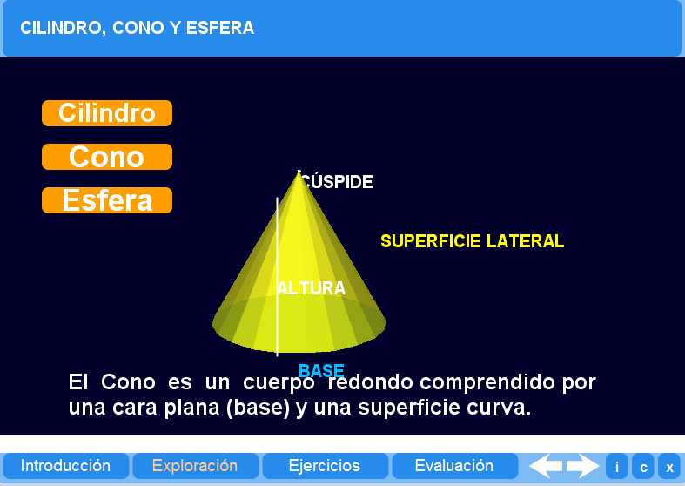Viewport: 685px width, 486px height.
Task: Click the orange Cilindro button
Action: click(106, 113)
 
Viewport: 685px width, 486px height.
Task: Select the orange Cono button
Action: click(106, 157)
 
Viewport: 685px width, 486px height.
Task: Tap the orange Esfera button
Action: click(106, 200)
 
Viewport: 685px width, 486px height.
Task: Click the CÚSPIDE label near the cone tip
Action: click(338, 182)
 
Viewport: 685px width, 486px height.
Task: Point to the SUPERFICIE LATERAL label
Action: click(472, 241)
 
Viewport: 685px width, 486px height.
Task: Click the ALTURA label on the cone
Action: click(312, 288)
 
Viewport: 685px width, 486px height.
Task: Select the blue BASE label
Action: click(321, 370)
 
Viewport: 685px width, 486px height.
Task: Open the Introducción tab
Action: click(65, 466)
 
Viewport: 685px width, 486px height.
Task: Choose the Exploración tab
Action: click(195, 466)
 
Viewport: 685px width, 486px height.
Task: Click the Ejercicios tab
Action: click(325, 466)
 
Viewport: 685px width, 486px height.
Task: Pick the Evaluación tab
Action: click(454, 466)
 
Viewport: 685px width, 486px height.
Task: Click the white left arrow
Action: click(546, 466)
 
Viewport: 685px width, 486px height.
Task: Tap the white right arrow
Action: click(583, 466)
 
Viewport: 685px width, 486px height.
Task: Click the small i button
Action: click(617, 467)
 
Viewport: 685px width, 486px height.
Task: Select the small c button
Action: click(643, 467)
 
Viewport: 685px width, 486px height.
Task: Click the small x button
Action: click(669, 467)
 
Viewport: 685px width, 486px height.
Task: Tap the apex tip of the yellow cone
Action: click(299, 172)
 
